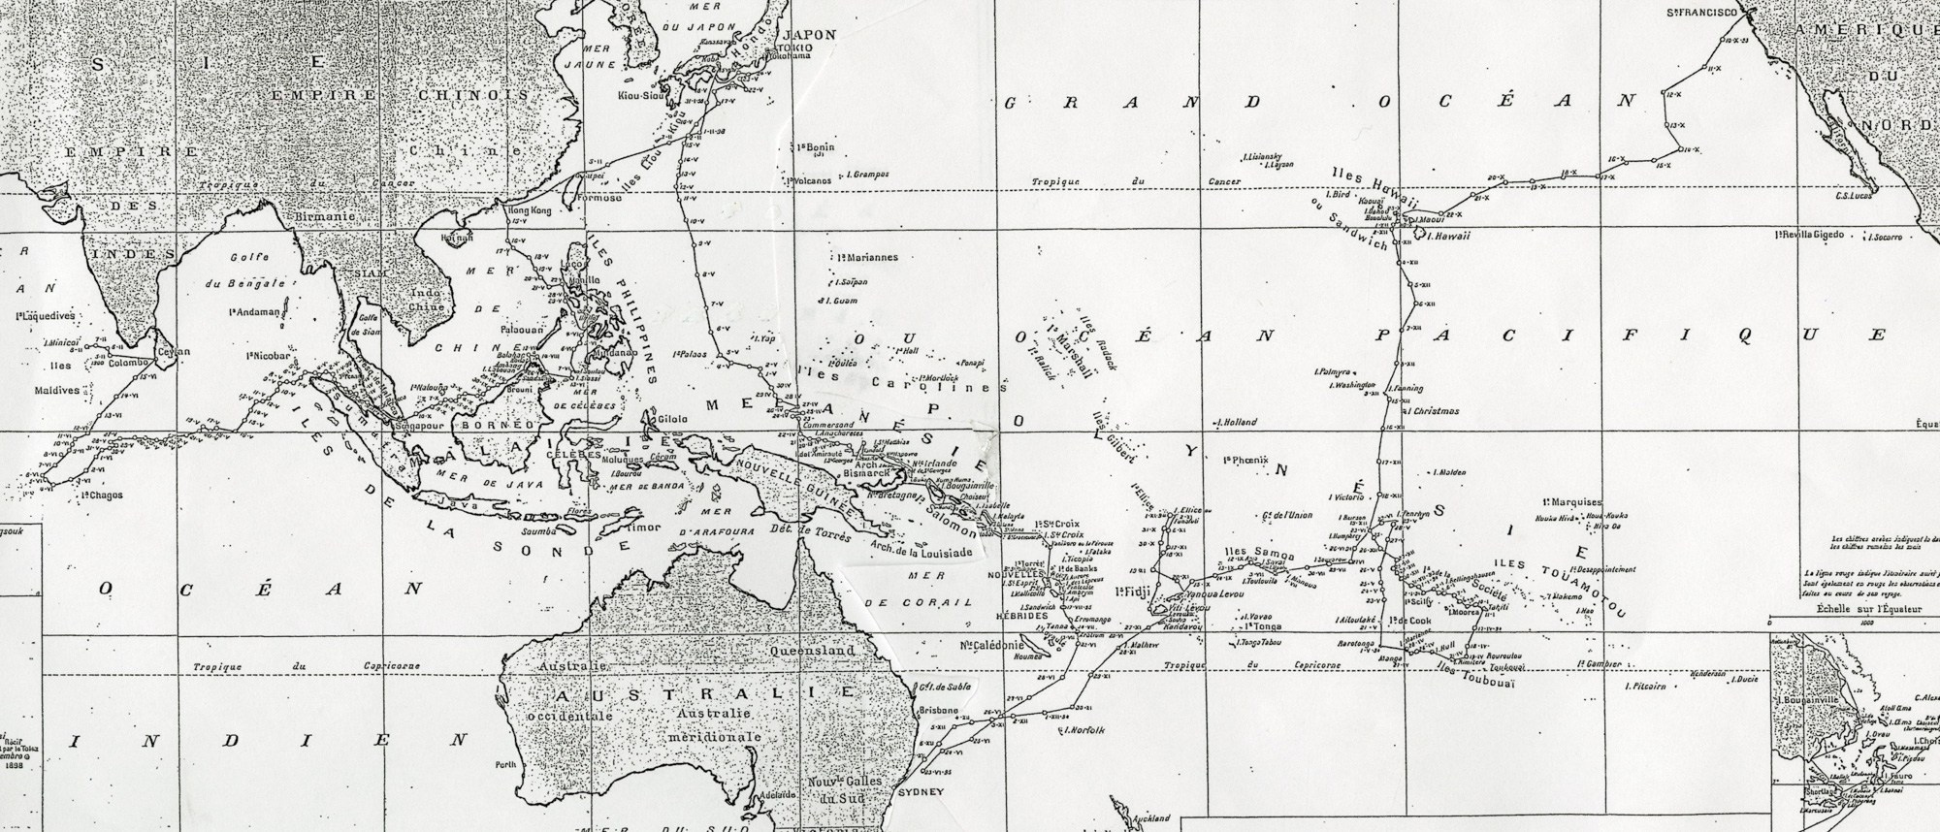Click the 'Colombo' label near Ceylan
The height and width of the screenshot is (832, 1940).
129,366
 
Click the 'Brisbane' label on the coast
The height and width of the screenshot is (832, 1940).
937,711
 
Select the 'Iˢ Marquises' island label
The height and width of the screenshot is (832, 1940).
1570,501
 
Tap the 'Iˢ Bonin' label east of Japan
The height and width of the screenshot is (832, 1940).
814,147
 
